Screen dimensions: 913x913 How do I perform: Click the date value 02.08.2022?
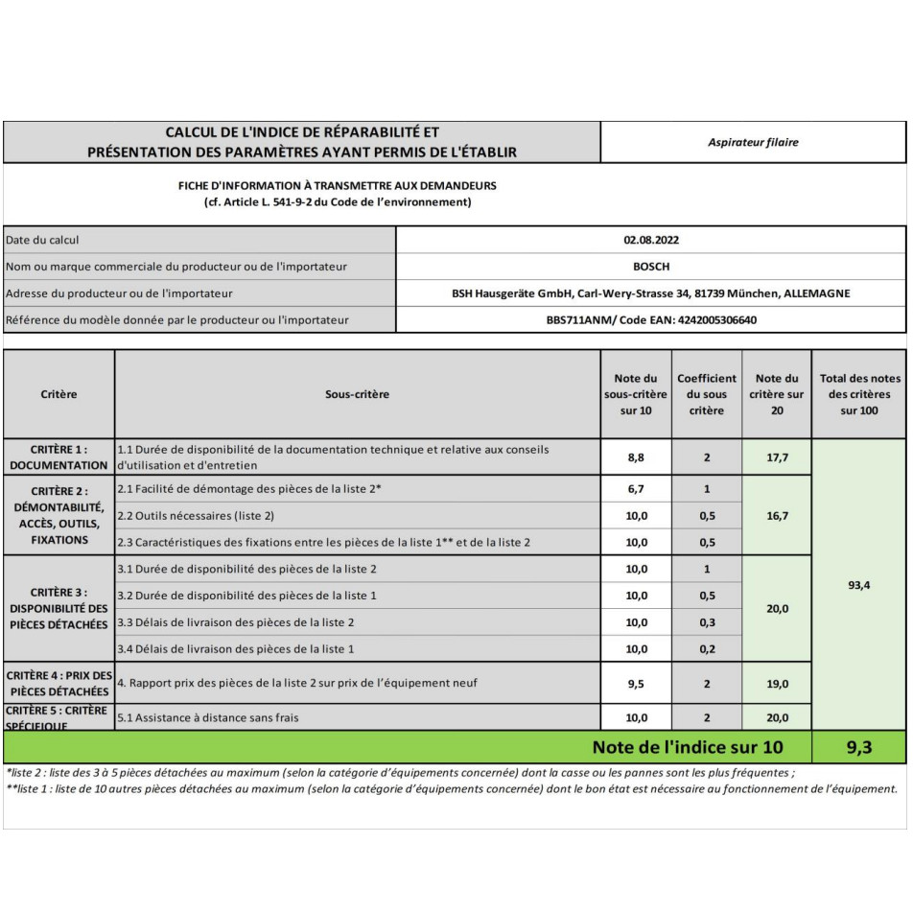(651, 240)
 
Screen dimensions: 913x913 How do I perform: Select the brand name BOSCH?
(651, 267)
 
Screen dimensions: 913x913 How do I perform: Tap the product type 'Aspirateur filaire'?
(753, 142)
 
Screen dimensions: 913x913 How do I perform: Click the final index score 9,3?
(858, 747)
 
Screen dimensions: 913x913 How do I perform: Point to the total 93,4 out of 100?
(858, 586)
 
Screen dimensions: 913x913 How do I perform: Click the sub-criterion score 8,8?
(636, 457)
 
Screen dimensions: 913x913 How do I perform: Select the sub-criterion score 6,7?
(636, 489)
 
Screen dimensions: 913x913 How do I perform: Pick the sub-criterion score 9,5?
(636, 684)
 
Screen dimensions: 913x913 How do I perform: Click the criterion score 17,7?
(777, 457)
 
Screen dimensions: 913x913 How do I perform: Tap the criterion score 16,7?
(777, 515)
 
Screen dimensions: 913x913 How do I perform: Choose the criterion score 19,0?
(777, 684)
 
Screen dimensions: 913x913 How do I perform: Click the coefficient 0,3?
(707, 622)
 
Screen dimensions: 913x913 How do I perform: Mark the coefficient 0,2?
(707, 649)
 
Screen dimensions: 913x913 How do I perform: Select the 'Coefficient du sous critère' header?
(707, 394)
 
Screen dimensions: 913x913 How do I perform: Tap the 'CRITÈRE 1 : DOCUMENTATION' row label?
(59, 457)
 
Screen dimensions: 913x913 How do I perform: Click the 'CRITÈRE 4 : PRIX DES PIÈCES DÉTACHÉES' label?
(59, 684)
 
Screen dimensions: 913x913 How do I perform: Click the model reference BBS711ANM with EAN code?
(651, 320)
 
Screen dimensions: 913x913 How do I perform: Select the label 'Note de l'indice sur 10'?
(688, 747)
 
